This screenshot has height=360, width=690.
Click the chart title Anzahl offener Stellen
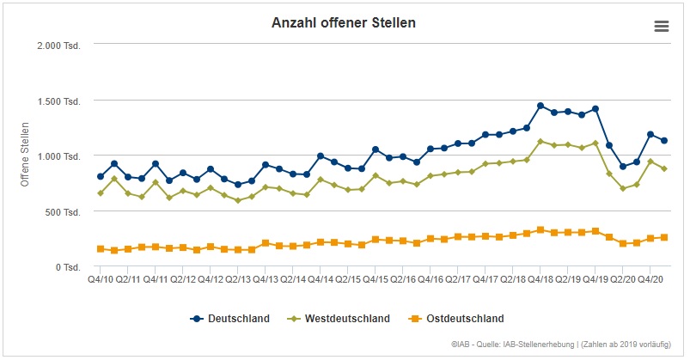(344, 22)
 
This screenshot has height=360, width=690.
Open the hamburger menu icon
(661, 26)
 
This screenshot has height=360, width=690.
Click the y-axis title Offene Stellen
(25, 156)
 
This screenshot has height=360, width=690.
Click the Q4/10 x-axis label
(100, 279)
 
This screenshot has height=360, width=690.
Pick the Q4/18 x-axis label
(540, 279)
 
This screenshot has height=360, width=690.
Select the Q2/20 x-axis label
(623, 279)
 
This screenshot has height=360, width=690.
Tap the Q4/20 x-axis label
(650, 279)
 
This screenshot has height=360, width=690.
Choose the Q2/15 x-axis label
(348, 279)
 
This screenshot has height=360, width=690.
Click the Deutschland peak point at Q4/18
(540, 106)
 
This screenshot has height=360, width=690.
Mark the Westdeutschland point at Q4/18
(540, 142)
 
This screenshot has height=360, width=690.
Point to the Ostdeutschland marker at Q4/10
(101, 249)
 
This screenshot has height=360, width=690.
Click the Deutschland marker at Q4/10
(101, 176)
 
